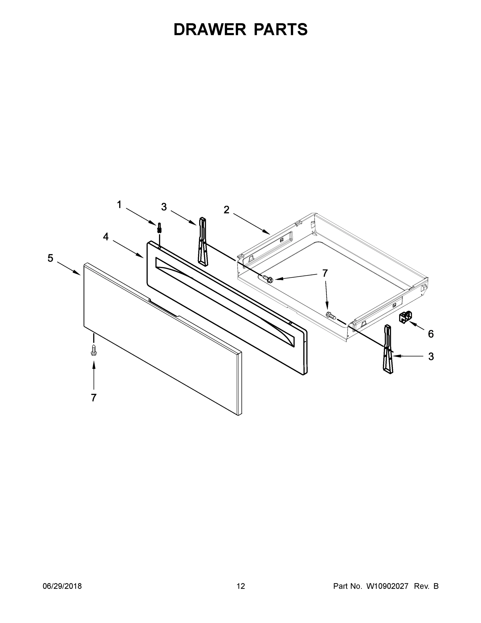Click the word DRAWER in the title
[210, 29]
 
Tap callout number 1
[119, 205]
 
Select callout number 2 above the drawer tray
[226, 210]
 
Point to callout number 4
[106, 236]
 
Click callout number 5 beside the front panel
[51, 258]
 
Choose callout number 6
[430, 334]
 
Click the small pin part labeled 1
[159, 228]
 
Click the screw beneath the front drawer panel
[93, 350]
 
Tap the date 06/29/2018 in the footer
[62, 586]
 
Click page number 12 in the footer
[241, 586]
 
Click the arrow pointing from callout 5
[69, 268]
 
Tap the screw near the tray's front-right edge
[331, 315]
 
